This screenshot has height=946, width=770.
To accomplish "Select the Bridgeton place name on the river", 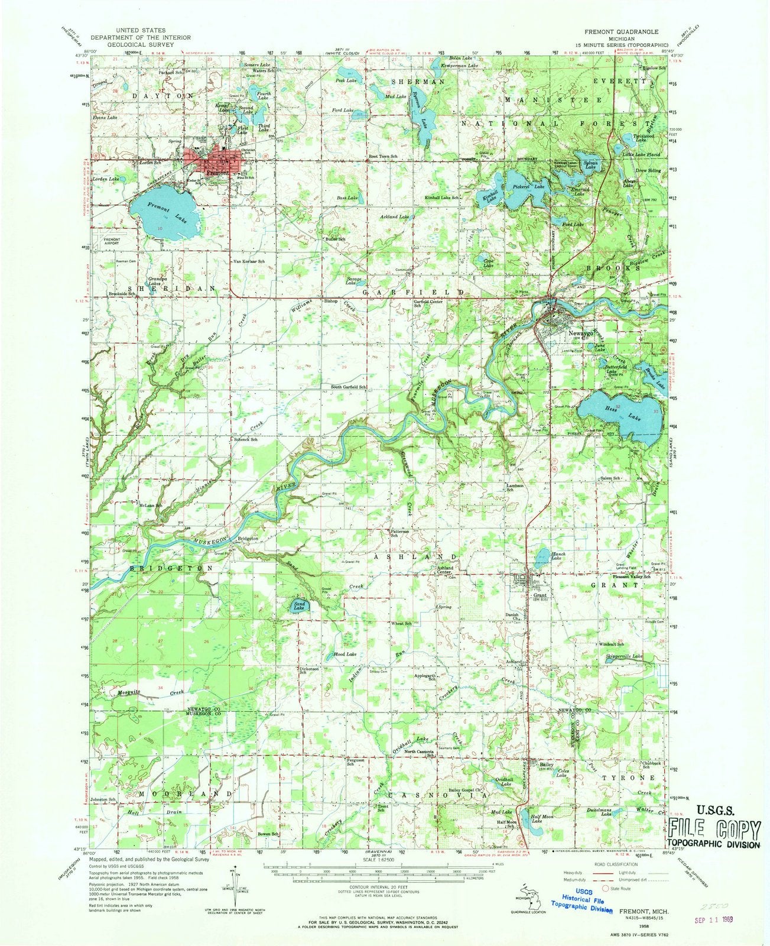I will tap(247, 539).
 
